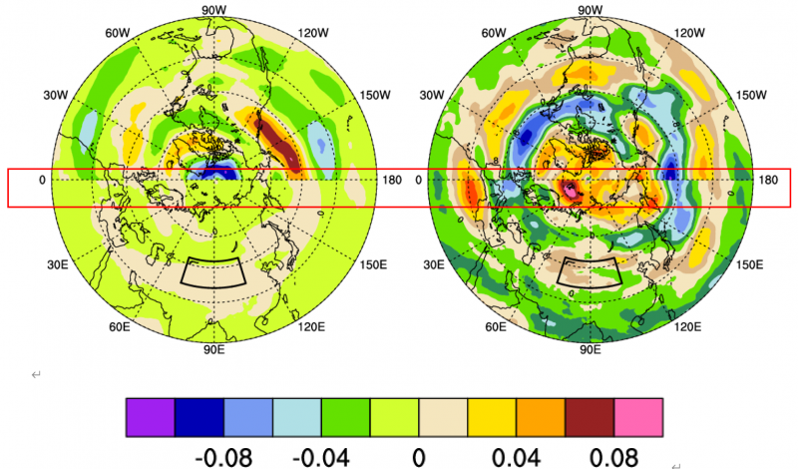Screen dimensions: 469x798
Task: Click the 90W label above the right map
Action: (x=590, y=10)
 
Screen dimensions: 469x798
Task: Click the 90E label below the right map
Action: (x=590, y=350)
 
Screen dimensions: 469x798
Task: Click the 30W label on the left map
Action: (x=55, y=95)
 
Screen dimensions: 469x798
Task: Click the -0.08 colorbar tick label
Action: (x=222, y=457)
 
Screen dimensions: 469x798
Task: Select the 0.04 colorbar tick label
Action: (x=517, y=457)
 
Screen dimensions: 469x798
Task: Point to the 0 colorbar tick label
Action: (x=419, y=457)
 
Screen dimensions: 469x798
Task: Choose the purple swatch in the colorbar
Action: (x=151, y=417)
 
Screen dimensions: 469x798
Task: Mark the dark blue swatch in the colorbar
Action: (x=199, y=417)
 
